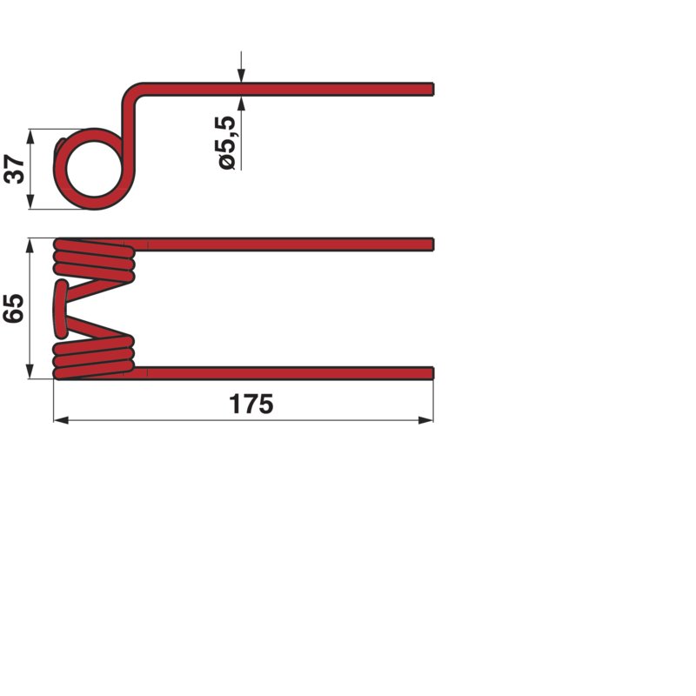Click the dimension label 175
coord(251,404)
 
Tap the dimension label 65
coord(14,308)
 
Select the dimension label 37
coord(14,169)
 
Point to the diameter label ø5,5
coord(227,143)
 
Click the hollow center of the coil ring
coord(94,170)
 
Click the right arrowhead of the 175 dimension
coord(425,420)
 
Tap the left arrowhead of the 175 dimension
coord(61,420)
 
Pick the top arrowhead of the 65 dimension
coord(30,246)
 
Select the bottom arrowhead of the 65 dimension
coord(30,371)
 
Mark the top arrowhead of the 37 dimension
coord(30,137)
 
